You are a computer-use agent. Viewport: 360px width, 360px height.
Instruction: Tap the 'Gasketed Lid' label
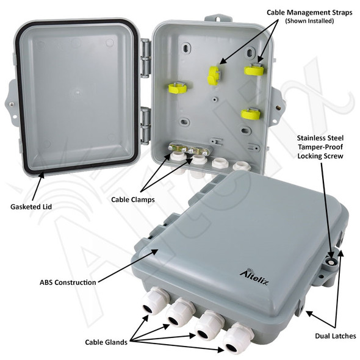31,207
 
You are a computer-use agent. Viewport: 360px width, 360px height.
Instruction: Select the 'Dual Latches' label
335,336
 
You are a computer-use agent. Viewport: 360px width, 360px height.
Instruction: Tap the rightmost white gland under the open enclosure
242,165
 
